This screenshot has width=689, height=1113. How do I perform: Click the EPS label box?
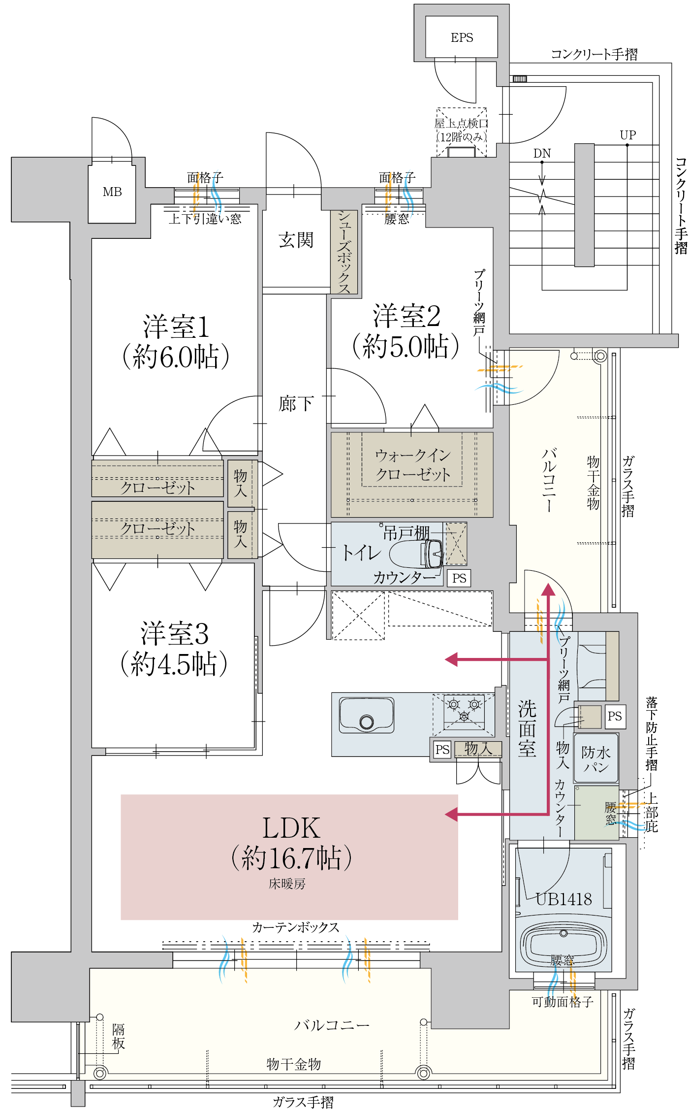(x=462, y=37)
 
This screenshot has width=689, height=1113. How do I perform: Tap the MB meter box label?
(x=112, y=192)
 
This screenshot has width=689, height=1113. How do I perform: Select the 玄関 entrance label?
(x=296, y=240)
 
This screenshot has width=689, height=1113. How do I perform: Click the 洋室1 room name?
(x=176, y=327)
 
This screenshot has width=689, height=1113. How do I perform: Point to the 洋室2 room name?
(x=407, y=316)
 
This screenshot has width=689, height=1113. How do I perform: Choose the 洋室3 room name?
(x=174, y=633)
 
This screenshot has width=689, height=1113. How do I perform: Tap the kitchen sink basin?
(x=367, y=715)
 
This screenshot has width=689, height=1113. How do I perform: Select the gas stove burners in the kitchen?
(x=464, y=709)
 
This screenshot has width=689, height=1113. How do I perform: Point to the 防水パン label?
(x=596, y=759)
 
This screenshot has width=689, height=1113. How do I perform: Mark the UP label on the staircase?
(x=628, y=135)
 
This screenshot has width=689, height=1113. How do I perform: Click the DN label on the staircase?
(x=542, y=153)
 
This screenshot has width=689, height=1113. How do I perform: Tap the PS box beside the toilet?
(x=459, y=578)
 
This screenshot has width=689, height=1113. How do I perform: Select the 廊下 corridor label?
(x=296, y=404)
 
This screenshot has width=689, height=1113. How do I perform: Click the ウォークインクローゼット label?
(x=412, y=464)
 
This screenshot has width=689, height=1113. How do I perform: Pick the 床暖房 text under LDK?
(x=287, y=884)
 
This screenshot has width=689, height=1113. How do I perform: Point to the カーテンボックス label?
(x=296, y=927)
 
